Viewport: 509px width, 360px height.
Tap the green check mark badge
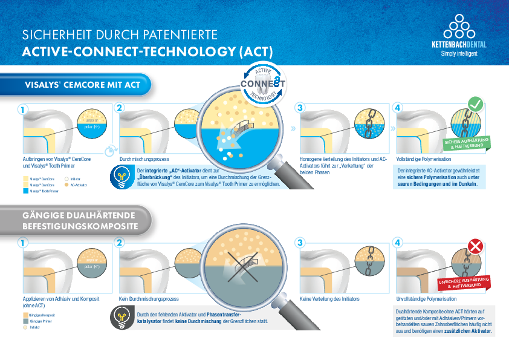pos(475,104)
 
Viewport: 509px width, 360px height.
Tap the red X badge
pos(475,247)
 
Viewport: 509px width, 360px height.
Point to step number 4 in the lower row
pos(397,243)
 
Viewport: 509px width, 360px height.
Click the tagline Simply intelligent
pos(459,53)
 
